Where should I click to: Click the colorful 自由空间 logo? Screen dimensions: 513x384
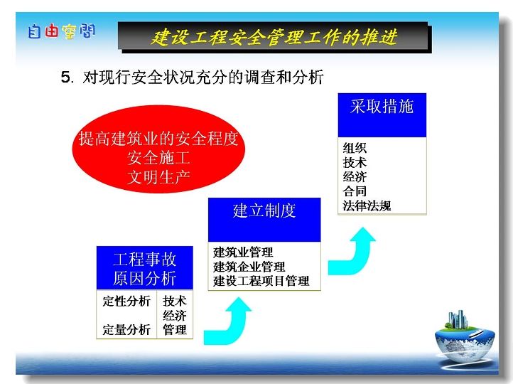pos(62,31)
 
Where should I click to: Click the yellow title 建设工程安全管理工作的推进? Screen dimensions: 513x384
pos(274,37)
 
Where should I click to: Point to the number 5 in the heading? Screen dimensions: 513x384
pos(65,78)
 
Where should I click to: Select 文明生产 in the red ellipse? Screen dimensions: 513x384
pos(158,177)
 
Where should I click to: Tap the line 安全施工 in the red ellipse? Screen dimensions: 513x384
pos(158,158)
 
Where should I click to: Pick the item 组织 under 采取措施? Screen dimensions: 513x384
pos(355,149)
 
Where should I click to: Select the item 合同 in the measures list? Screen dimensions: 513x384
pos(355,191)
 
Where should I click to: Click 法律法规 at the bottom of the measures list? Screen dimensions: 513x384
pos(367,206)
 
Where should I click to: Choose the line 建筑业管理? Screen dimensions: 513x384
pos(243,252)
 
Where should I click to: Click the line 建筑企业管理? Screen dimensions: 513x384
pos(249,267)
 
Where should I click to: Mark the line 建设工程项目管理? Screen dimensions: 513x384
pos(261,281)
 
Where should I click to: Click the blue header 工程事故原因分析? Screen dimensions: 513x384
pos(145,268)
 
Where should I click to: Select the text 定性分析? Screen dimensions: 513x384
pos(126,302)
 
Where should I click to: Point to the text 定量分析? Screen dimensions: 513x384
pos(126,330)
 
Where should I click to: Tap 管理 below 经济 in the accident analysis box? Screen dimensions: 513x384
pos(175,330)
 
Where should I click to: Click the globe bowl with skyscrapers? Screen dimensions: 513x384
pos(465,337)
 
